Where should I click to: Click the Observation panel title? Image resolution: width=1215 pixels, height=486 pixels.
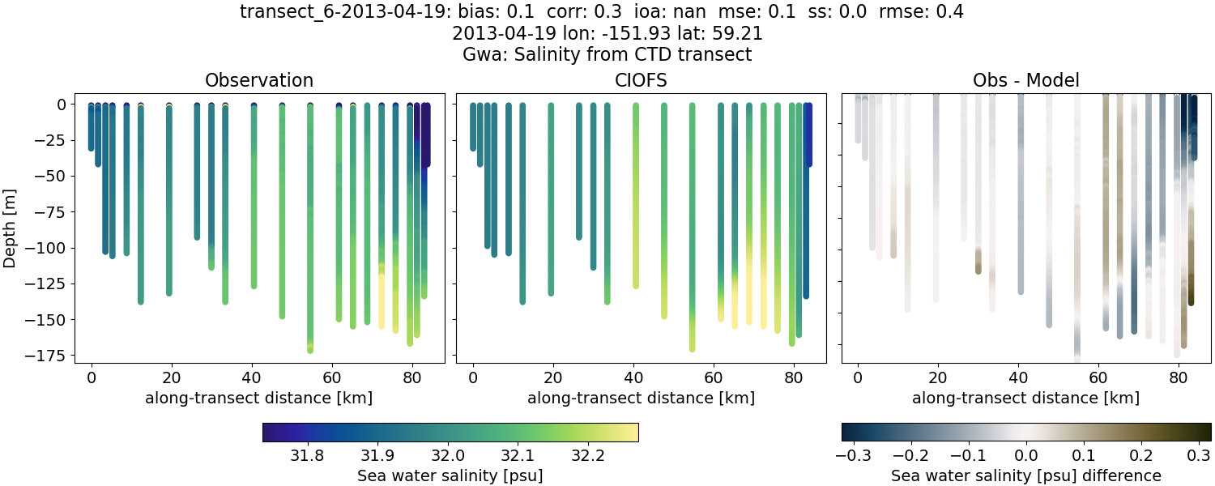coord(259,80)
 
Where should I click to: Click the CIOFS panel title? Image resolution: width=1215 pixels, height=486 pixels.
coord(641,80)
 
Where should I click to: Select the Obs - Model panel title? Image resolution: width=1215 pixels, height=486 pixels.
coord(1025,80)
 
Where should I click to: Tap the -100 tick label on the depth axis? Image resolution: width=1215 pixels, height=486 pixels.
coord(50,248)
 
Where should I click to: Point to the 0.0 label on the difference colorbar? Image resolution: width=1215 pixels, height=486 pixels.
coord(1026,455)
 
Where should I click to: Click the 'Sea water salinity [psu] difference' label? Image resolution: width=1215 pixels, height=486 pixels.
coord(1025,475)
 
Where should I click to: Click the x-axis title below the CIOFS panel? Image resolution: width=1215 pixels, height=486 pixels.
coord(641,398)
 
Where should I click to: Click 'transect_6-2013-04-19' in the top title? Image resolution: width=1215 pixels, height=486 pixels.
coord(326,12)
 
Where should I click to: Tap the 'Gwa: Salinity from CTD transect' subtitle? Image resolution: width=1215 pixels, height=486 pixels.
coord(607,55)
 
